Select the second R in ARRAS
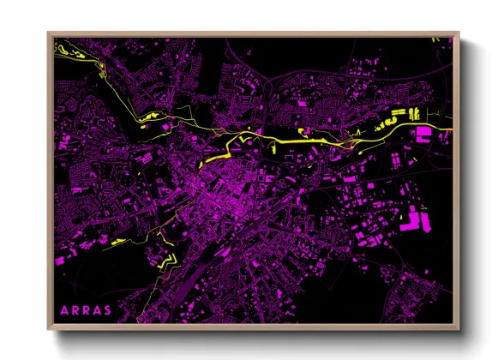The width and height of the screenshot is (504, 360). pos(85,309)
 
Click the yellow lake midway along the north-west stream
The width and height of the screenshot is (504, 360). pos(151,117)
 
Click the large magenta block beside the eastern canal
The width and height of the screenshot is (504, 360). pos(423,133)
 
